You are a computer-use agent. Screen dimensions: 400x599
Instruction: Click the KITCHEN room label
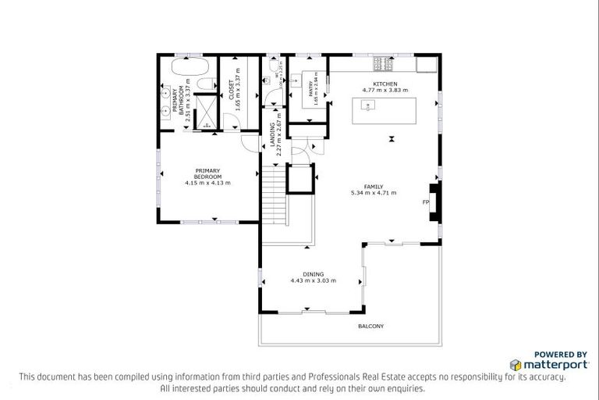385,84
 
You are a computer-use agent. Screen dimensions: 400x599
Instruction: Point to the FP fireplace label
426,202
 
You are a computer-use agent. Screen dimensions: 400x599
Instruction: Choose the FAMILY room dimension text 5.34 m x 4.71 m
374,192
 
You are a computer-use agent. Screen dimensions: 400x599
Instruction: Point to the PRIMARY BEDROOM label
208,173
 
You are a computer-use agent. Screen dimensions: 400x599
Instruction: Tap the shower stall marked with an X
205,110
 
